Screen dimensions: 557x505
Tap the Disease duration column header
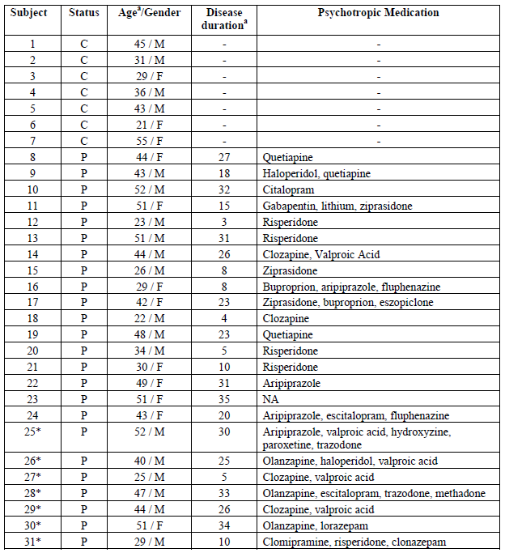click(224, 19)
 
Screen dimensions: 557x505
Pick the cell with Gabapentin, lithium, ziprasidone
click(337, 206)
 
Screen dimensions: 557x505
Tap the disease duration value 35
click(224, 399)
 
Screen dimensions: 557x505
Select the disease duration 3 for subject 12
click(224, 222)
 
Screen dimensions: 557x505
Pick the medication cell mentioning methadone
click(374, 493)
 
